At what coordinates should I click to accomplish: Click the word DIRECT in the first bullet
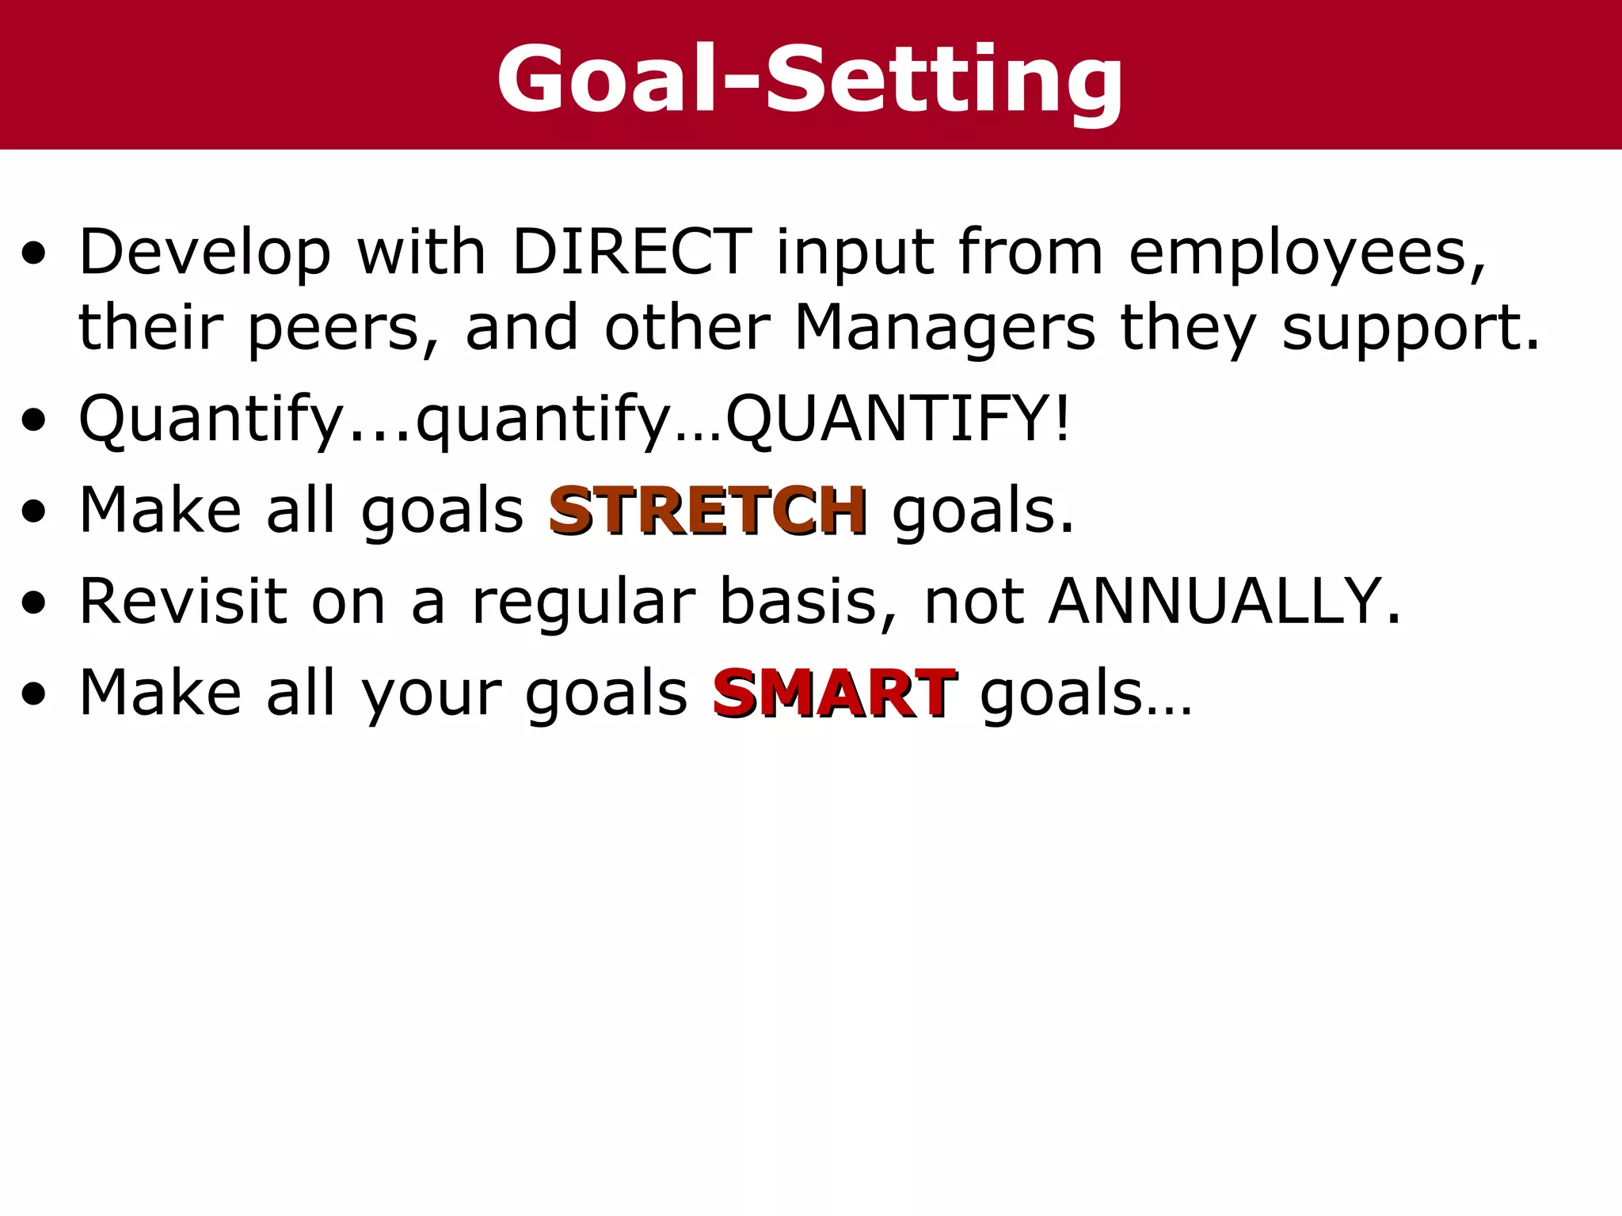[x=631, y=252]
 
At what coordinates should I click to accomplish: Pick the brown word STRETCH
[x=707, y=511]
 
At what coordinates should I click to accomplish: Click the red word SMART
[x=834, y=693]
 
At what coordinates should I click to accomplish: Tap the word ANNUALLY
[x=1224, y=602]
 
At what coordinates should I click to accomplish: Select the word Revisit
[x=183, y=602]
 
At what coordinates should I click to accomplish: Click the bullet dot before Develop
[x=34, y=255]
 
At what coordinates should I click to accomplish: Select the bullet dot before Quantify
[x=34, y=421]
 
